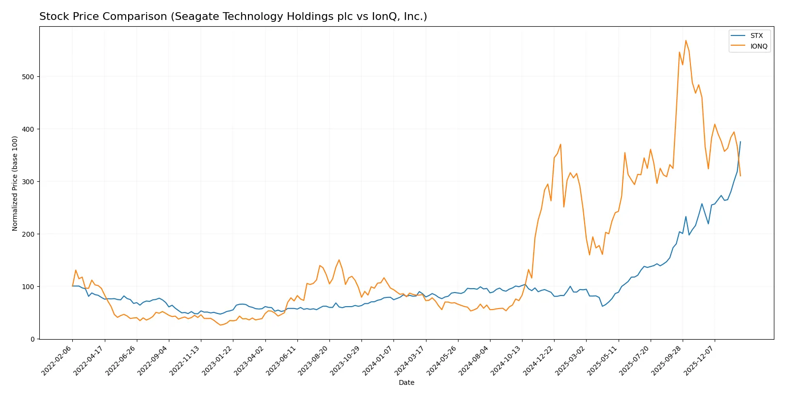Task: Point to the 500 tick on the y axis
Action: pyautogui.click(x=29, y=77)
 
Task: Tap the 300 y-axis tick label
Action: pyautogui.click(x=29, y=182)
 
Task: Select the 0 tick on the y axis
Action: pyautogui.click(x=33, y=339)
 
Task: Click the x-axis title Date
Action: pyautogui.click(x=406, y=382)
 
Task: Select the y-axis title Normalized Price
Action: pyautogui.click(x=15, y=183)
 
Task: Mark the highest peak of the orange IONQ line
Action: pyautogui.click(x=686, y=40)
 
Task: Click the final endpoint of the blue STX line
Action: pyautogui.click(x=740, y=141)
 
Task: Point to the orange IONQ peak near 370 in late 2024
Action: pyautogui.click(x=560, y=144)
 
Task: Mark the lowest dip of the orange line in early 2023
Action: pyautogui.click(x=220, y=325)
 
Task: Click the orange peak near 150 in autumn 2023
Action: pyautogui.click(x=339, y=260)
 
